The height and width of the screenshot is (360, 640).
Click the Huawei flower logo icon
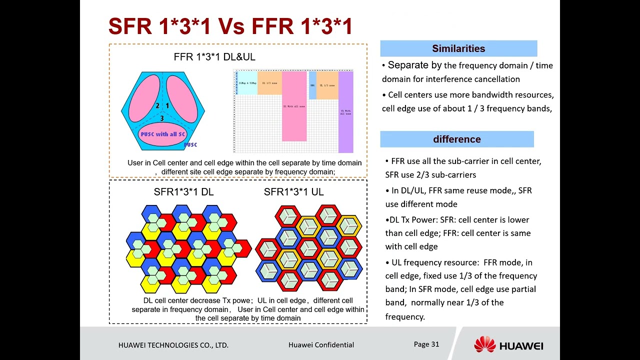484,344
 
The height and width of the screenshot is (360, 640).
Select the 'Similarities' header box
458,48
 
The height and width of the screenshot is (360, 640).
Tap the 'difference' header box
457,139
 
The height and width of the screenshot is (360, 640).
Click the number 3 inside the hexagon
162,118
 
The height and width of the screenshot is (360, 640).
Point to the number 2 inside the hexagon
157,105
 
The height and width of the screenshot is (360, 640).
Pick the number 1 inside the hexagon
167,105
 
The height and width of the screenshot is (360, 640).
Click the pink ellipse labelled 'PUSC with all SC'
162,134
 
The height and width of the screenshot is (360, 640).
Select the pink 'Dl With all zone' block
294,106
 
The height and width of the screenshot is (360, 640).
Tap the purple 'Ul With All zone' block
345,112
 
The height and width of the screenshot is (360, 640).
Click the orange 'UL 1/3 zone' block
327,85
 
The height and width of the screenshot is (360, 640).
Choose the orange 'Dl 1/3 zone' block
269,83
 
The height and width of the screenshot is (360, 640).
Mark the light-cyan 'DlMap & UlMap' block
247,83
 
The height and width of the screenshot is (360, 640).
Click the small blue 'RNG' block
312,85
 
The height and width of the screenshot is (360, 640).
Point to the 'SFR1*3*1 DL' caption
183,192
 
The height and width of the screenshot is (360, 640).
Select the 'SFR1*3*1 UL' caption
293,192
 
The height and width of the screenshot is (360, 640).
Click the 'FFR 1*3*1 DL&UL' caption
214,57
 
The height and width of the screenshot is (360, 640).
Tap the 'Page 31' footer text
426,344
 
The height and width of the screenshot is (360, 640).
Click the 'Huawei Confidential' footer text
321,344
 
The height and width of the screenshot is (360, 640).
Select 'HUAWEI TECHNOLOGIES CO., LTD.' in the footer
173,345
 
